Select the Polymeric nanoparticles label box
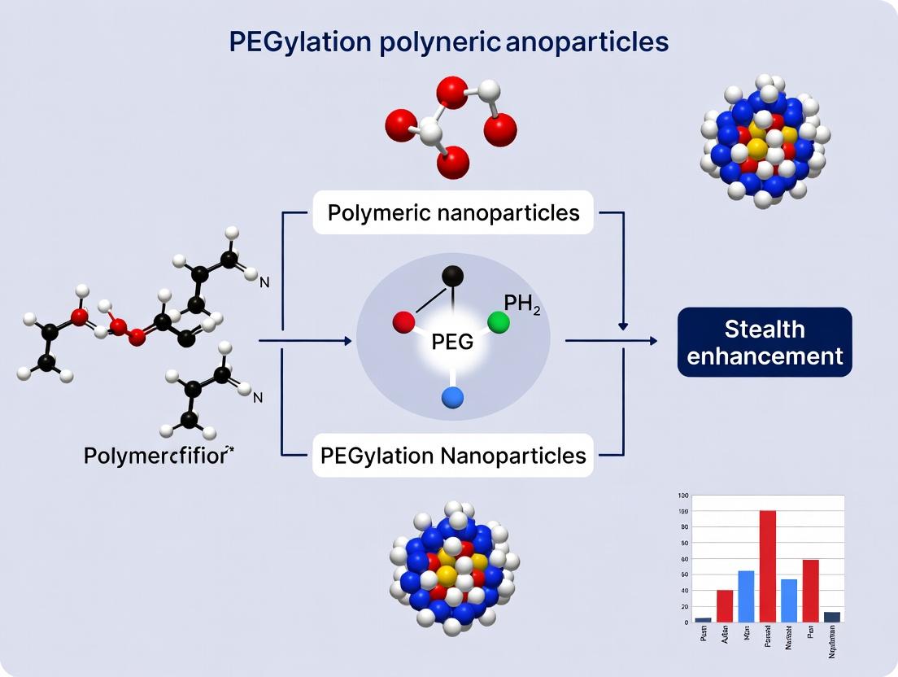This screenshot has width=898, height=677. (x=453, y=213)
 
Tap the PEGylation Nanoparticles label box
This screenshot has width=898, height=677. (x=453, y=455)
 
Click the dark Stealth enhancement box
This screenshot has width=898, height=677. (x=765, y=342)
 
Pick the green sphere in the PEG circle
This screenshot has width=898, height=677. (x=499, y=323)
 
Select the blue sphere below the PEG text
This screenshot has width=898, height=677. (x=453, y=396)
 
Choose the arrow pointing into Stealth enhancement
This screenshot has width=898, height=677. (x=651, y=341)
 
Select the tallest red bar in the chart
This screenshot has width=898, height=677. (x=767, y=566)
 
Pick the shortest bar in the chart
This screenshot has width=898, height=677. (x=703, y=620)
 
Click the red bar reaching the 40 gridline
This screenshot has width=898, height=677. (x=724, y=606)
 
